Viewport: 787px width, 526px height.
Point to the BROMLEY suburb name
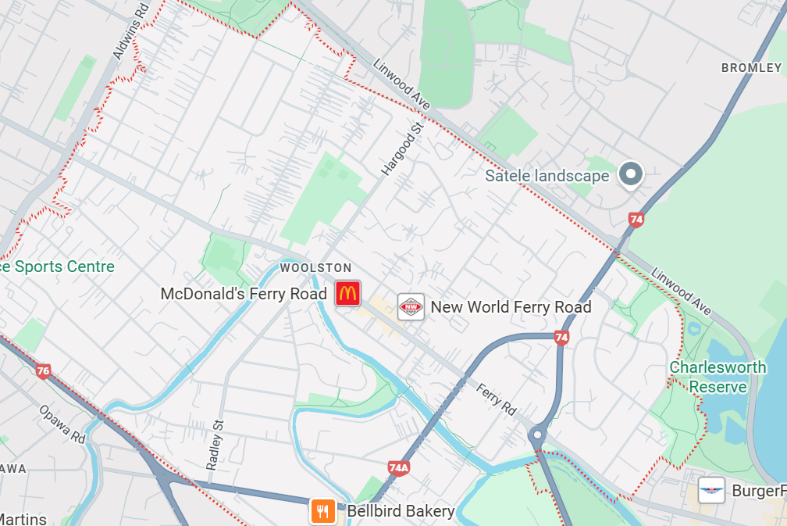751,68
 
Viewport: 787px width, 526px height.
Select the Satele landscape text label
547,176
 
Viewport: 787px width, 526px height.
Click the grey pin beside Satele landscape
629,174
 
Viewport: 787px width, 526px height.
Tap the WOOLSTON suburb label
315,268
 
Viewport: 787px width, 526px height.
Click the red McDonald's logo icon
347,294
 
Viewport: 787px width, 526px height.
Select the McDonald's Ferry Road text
243,295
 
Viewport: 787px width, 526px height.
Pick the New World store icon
411,307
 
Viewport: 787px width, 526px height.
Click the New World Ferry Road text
511,307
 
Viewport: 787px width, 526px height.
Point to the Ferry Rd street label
497,398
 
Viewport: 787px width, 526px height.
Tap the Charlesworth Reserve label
707,377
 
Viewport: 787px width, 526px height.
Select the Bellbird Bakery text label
401,511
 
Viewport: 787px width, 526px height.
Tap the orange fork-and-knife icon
322,511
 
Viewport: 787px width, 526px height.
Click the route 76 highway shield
43,371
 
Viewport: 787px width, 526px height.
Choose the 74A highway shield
398,468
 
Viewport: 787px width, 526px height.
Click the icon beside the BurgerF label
711,491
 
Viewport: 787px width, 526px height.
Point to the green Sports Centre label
57,267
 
